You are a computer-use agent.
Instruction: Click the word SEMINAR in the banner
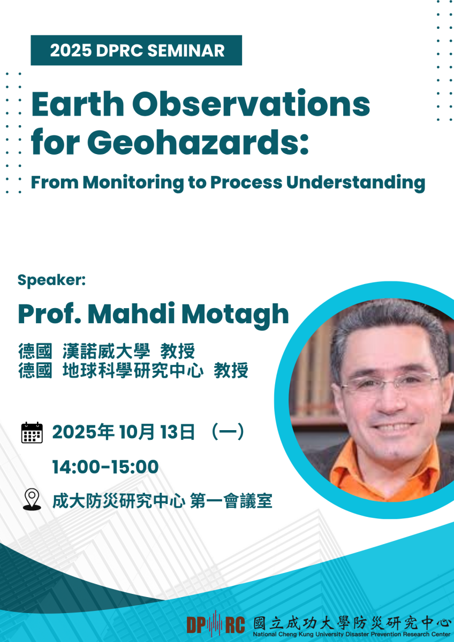click(x=186, y=51)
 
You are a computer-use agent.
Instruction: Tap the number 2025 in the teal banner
click(x=71, y=51)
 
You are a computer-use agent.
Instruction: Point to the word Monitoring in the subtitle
click(x=133, y=182)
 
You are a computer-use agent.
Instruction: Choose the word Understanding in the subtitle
click(x=355, y=182)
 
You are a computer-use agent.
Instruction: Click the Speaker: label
click(x=51, y=280)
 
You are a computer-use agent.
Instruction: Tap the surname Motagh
click(x=235, y=314)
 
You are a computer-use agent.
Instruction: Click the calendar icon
click(x=32, y=432)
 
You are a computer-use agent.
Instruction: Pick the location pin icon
click(x=32, y=499)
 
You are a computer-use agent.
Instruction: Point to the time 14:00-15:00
click(x=105, y=467)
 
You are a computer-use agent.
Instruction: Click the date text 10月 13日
click(x=157, y=432)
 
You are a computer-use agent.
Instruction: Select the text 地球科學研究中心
click(x=133, y=370)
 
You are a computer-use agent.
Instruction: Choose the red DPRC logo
click(x=216, y=625)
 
